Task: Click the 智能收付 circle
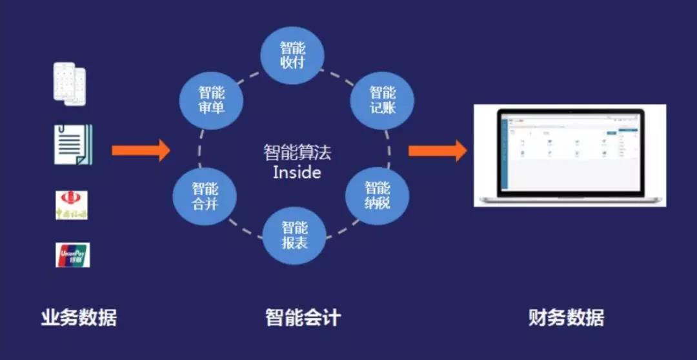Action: tap(292, 55)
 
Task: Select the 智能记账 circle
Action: tap(382, 99)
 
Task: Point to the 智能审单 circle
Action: tap(212, 100)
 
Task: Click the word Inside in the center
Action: tap(297, 173)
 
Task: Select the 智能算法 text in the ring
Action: tap(297, 153)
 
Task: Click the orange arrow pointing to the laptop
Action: tap(437, 151)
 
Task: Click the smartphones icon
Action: tap(70, 83)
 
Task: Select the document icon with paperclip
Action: tap(73, 145)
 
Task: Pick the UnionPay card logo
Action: tap(73, 255)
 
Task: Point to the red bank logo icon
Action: tap(72, 205)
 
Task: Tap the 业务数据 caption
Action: tap(79, 318)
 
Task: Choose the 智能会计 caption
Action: tap(303, 318)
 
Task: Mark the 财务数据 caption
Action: tap(566, 318)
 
